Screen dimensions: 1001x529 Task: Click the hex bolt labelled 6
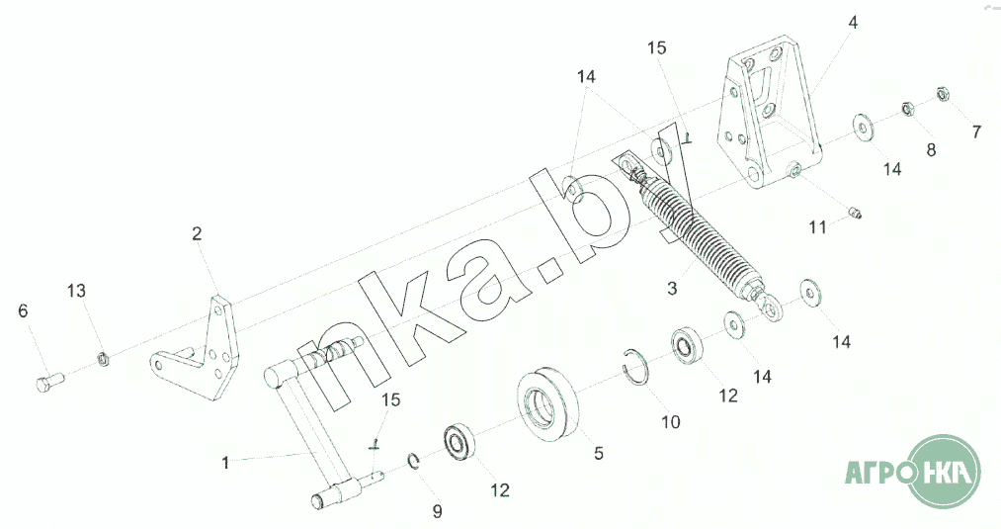point(47,383)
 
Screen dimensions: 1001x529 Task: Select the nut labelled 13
point(103,358)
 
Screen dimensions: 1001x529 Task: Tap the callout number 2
point(197,233)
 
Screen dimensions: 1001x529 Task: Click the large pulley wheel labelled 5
point(547,404)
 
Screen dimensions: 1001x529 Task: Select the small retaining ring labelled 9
point(413,461)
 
